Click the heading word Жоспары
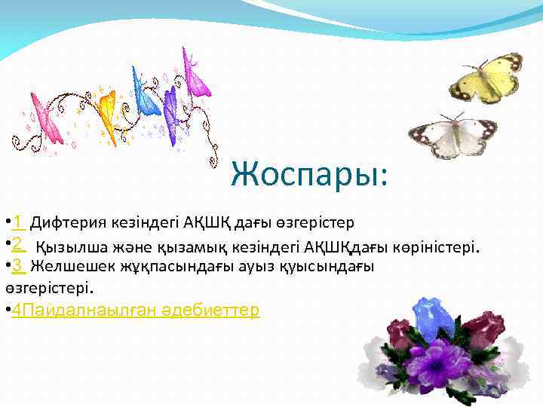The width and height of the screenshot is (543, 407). [x=309, y=175]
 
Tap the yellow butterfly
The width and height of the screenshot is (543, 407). [x=486, y=78]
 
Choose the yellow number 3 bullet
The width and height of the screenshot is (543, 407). [x=19, y=265]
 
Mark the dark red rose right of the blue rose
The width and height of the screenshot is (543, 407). [x=483, y=329]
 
